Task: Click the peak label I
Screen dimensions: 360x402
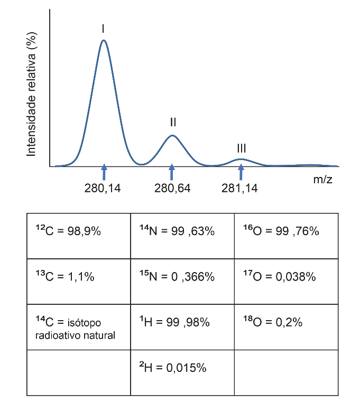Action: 103,29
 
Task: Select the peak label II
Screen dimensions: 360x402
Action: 173,122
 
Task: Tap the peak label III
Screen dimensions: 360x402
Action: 242,148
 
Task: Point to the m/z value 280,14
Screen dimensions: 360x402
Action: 103,189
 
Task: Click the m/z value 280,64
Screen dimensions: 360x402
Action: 172,189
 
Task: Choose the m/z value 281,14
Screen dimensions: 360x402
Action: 239,189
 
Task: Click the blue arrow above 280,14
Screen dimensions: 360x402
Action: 104,172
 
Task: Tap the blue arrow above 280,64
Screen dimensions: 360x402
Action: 172,172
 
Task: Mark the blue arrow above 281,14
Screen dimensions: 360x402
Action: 241,172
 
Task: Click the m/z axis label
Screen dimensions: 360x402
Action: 322,179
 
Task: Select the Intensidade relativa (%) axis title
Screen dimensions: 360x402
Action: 31,95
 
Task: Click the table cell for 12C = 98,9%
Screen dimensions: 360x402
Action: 79,236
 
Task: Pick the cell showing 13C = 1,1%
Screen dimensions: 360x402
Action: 79,282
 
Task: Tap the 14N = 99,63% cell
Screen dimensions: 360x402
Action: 182,236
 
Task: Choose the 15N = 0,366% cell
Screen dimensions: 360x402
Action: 182,282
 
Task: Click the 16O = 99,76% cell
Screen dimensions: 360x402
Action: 287,236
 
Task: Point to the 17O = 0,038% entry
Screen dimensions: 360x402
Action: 280,276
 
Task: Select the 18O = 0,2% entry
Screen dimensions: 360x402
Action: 273,322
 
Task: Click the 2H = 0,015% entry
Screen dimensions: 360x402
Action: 173,367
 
